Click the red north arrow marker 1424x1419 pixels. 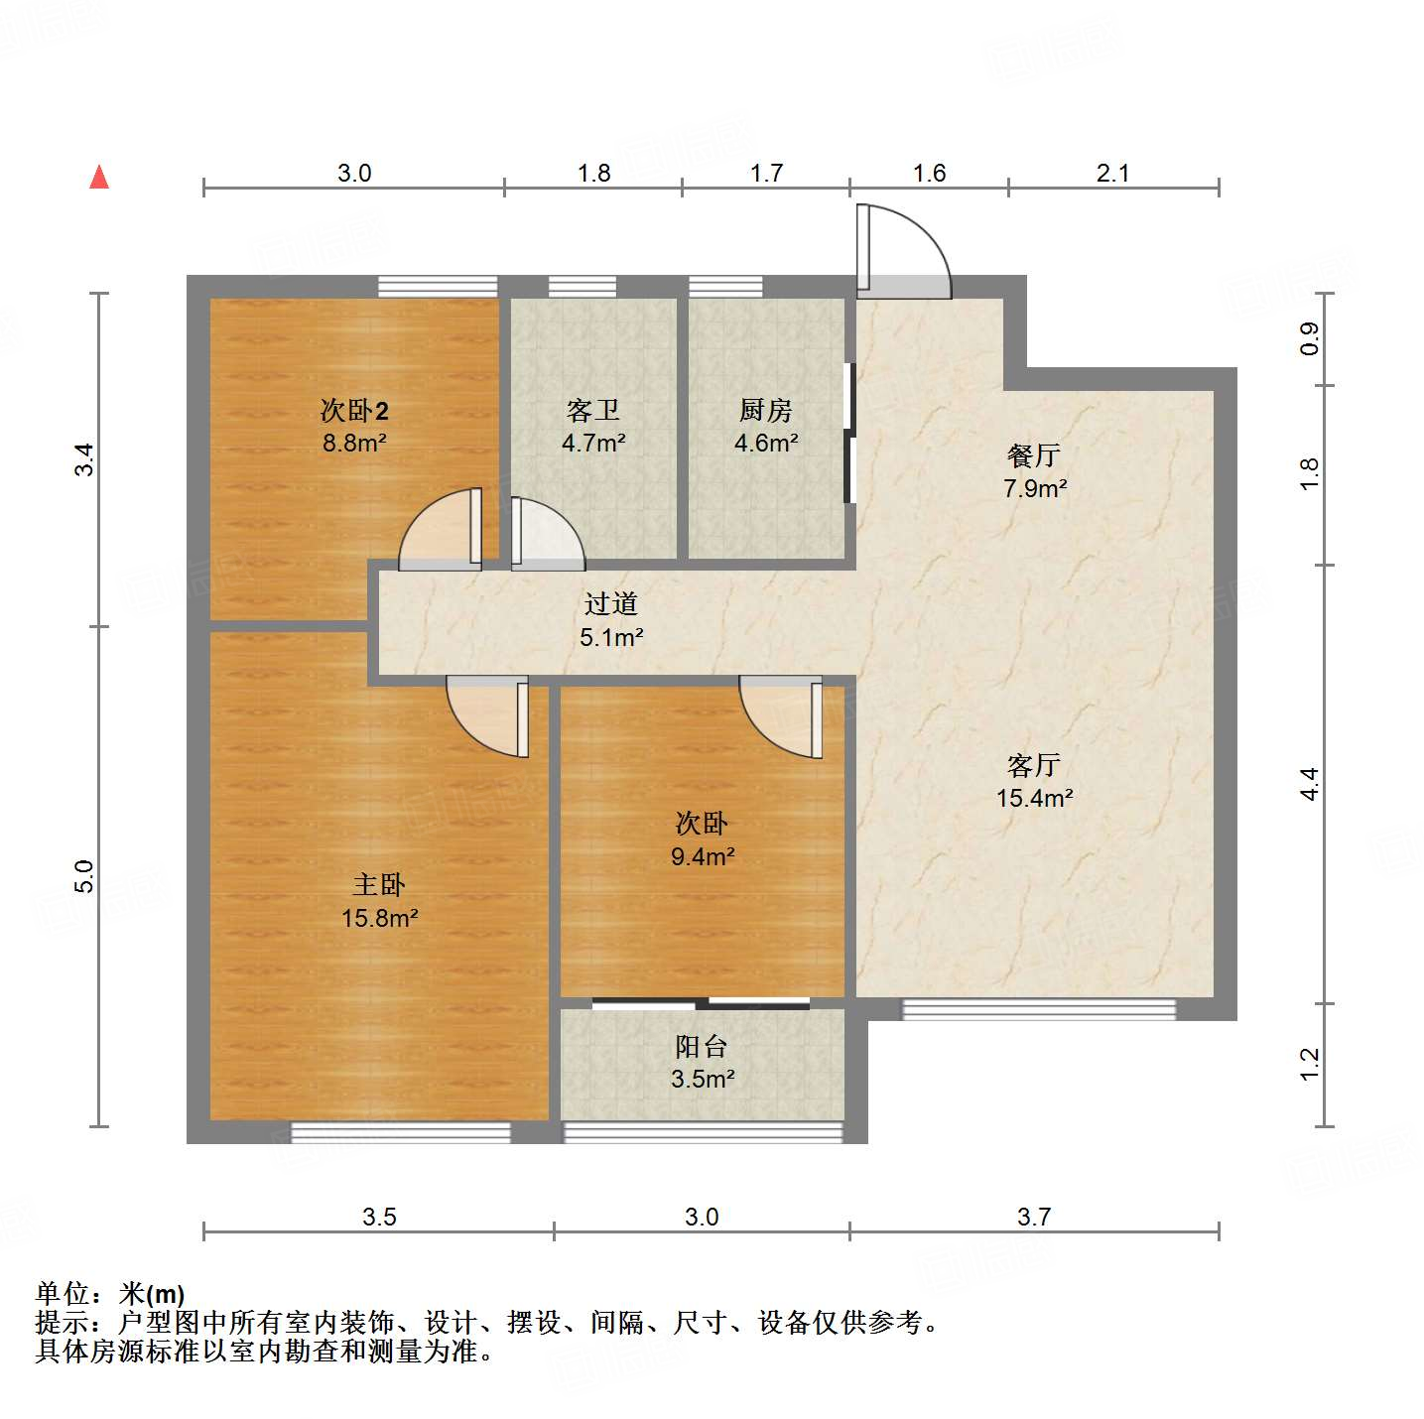pos(99,178)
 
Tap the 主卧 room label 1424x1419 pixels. pos(379,884)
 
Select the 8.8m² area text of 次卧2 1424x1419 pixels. pos(354,443)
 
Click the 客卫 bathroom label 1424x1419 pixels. pos(593,410)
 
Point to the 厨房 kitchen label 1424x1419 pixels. pos(766,410)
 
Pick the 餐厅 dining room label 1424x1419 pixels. pos(1034,455)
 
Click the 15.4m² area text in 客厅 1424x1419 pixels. pos(1034,798)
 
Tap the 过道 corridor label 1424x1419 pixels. pos(610,603)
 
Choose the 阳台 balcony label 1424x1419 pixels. pos(702,1046)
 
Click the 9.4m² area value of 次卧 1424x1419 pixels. pos(702,856)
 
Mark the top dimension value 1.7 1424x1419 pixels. pos(766,174)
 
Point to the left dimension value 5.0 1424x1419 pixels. pos(84,876)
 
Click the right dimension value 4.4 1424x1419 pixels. pos(1310,784)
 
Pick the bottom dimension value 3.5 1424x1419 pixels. pos(379,1217)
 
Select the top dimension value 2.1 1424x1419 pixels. pos(1112,174)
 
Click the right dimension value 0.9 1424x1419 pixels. pos(1310,339)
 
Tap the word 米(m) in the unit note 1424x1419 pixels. pos(152,1294)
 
